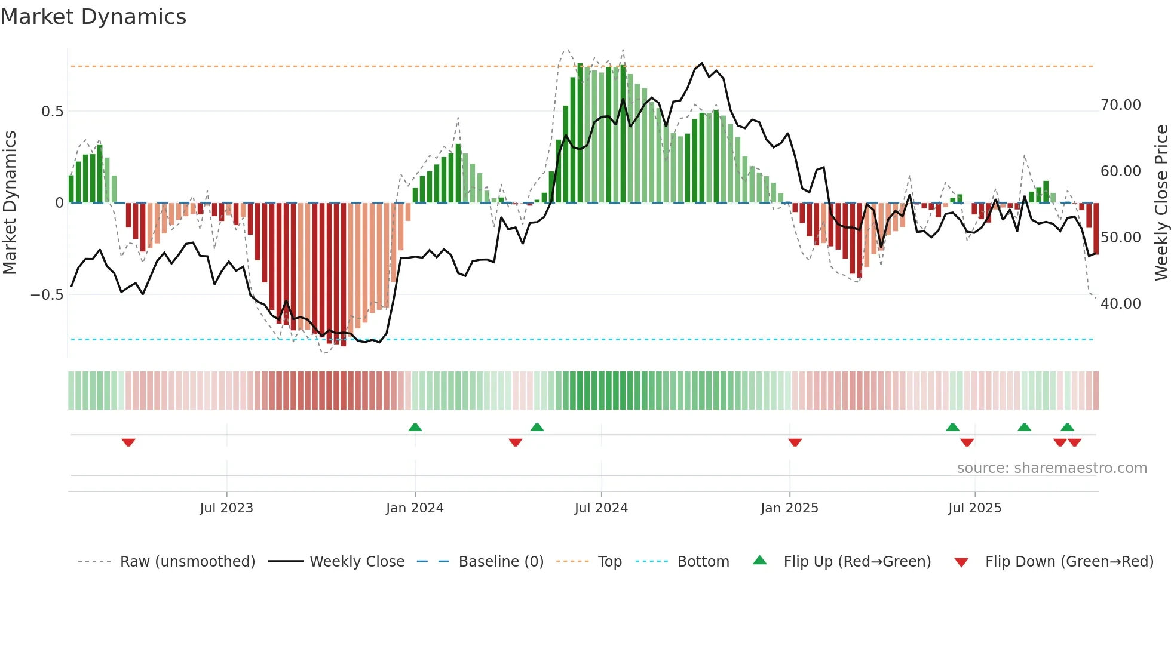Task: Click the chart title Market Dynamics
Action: click(93, 17)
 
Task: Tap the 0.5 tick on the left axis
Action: click(52, 112)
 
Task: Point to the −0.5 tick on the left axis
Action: click(47, 295)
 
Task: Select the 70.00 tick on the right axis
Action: click(1121, 105)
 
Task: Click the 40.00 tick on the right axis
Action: click(1121, 304)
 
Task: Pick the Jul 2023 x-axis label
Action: click(226, 508)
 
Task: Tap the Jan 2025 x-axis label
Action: click(789, 508)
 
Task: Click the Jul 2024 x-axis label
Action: click(601, 508)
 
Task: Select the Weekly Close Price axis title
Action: click(1161, 203)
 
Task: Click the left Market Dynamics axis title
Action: click(10, 203)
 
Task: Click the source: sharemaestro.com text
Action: click(1052, 468)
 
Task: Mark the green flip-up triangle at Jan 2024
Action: click(415, 427)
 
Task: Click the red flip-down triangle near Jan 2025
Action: click(795, 442)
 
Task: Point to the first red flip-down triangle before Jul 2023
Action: click(128, 442)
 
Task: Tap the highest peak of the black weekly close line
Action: click(702, 63)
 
